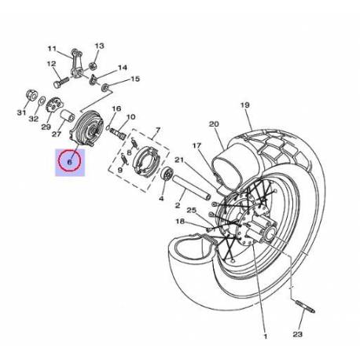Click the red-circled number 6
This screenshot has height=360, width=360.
pos(70,163)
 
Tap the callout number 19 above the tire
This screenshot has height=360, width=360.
pos(244,105)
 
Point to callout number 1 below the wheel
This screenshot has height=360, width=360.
pos(264,336)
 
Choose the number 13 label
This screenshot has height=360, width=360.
pos(100,46)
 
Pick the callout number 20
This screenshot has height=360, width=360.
pos(212,123)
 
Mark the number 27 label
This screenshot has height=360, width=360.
pos(57,134)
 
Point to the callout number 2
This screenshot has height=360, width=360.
pos(178,206)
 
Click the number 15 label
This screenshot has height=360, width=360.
pos(134,79)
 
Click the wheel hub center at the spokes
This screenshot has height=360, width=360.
pos(259,232)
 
